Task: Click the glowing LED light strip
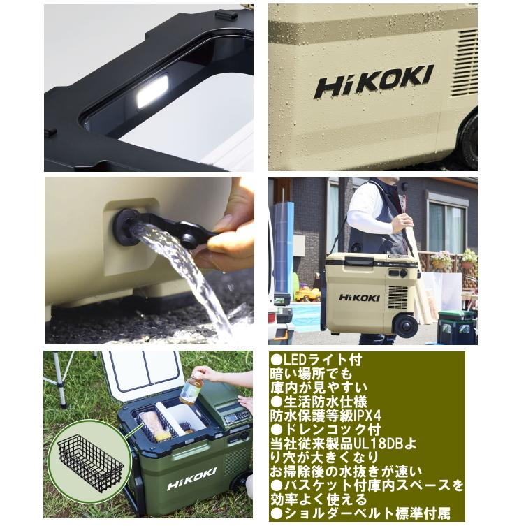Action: [x=152, y=92]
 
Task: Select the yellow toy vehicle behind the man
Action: [x=307, y=294]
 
